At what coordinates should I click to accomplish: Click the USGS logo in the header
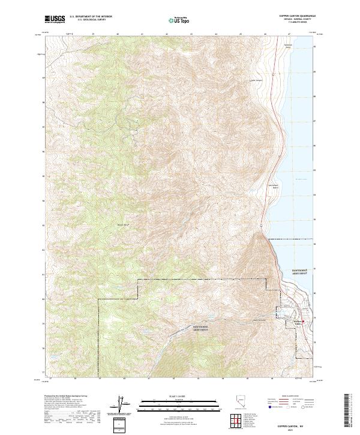click(x=55, y=19)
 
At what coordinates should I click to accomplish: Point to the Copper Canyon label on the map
click(x=256, y=79)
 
